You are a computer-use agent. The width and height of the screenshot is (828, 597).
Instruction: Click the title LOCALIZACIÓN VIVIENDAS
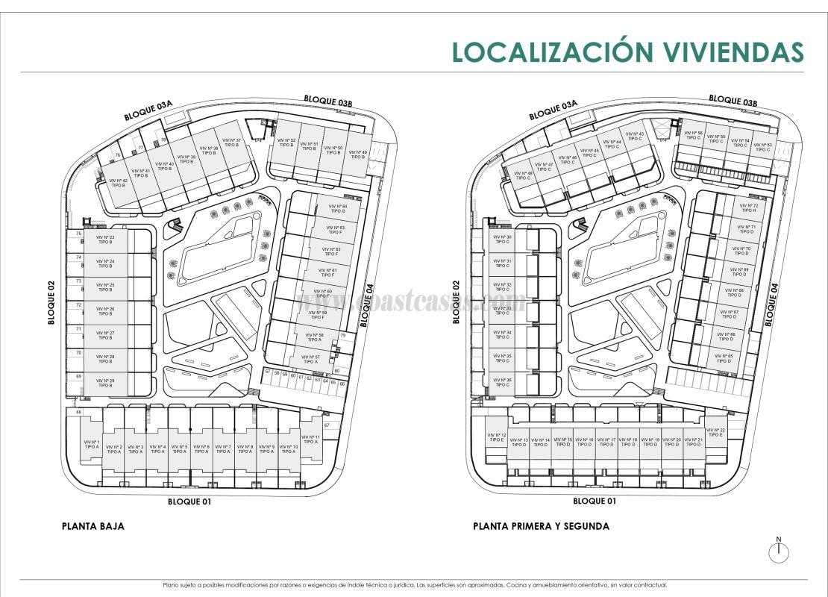(x=628, y=52)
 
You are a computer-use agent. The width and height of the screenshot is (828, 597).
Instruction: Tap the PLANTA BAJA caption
(x=92, y=526)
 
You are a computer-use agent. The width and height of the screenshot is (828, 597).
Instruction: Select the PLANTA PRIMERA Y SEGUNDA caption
(x=541, y=526)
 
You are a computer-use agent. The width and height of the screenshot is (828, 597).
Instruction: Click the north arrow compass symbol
(x=779, y=551)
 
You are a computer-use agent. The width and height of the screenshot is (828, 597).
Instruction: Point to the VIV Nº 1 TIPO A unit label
(x=92, y=444)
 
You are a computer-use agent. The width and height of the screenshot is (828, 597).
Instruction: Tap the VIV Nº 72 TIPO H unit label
(x=748, y=208)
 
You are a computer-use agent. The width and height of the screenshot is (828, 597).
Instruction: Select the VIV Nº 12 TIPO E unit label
(x=497, y=438)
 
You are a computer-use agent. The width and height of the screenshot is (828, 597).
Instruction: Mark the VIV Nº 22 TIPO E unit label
(x=715, y=432)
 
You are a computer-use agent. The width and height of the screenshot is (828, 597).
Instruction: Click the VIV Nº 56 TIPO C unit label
(x=694, y=135)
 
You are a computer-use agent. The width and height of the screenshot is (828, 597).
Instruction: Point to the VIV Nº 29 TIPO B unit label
(x=105, y=383)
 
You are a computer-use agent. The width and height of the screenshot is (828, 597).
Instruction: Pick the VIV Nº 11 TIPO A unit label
(x=311, y=440)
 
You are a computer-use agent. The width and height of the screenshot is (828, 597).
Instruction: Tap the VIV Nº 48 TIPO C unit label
(x=523, y=175)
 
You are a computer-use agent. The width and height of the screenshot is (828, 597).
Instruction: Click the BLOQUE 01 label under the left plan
(x=189, y=501)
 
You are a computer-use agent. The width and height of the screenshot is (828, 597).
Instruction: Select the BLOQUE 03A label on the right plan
(x=553, y=110)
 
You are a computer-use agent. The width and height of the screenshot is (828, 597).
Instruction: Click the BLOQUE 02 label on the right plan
(x=457, y=302)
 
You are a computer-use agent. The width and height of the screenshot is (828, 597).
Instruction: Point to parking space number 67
(x=327, y=425)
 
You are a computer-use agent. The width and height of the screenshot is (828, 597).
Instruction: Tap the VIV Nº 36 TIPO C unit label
(x=504, y=383)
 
